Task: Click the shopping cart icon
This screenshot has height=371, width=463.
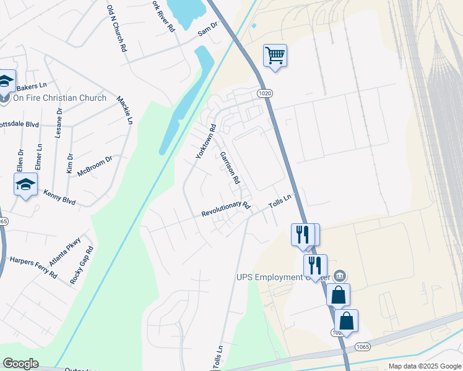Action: point(275,56)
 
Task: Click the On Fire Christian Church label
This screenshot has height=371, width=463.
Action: point(59,98)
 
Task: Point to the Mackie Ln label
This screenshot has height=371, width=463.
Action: point(125,112)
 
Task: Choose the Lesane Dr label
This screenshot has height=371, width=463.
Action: point(59,123)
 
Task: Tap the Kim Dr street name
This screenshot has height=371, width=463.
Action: point(70,164)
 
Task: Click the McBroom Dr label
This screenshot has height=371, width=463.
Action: point(95,167)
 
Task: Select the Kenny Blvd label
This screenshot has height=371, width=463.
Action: point(59,197)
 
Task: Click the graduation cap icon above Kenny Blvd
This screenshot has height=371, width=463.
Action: point(26,184)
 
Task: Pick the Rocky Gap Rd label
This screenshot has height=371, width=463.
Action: point(82,265)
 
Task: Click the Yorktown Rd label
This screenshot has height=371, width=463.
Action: point(206,142)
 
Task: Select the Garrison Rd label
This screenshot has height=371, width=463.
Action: point(229,168)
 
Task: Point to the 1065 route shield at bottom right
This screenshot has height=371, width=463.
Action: point(363,347)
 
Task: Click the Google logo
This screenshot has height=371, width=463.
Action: point(20,364)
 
